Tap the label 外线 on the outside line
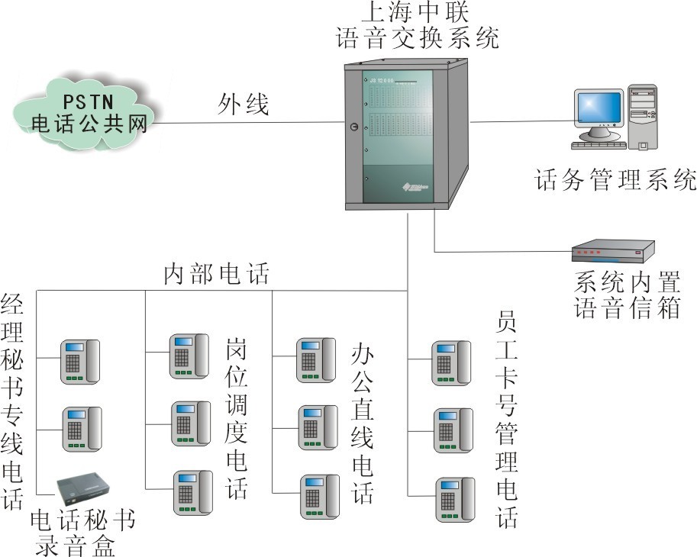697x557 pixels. pyautogui.click(x=244, y=105)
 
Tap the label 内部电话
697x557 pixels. pyautogui.click(x=217, y=275)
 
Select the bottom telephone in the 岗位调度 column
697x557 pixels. pyautogui.click(x=192, y=493)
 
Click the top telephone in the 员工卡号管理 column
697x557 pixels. pyautogui.click(x=452, y=362)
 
